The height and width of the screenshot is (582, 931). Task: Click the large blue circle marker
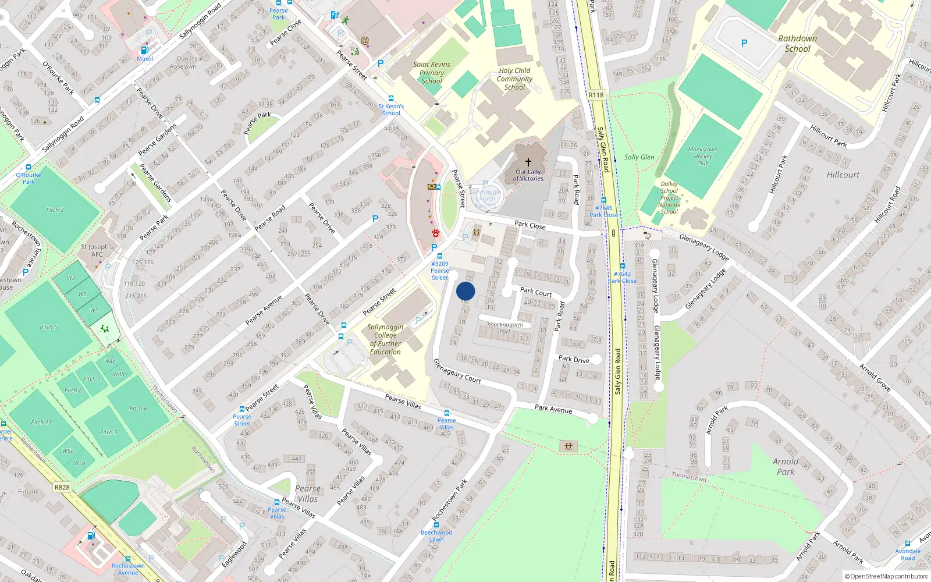465,291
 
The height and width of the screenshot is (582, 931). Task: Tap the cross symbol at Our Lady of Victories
528,162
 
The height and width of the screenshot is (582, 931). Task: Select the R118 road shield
596,95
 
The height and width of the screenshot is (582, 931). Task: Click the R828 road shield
62,487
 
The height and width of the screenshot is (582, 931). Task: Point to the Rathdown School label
797,44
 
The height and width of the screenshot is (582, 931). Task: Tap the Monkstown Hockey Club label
702,157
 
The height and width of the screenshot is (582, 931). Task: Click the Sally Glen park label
639,157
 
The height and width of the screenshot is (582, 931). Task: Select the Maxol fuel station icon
144,50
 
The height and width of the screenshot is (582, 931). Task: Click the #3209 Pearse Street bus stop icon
440,255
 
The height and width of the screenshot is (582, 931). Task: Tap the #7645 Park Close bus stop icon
604,200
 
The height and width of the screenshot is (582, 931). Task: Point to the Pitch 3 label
55,210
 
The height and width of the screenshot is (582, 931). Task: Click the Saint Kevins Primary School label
432,73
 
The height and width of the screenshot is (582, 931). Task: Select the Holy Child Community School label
514,79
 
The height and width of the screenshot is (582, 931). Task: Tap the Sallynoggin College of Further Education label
385,339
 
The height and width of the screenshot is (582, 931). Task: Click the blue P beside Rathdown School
744,43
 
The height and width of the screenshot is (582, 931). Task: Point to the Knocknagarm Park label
504,328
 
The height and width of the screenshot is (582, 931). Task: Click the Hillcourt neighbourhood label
843,175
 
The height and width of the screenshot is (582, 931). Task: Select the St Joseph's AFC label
97,250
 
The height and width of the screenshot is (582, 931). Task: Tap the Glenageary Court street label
457,371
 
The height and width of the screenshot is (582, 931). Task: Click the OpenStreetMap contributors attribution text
886,577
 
